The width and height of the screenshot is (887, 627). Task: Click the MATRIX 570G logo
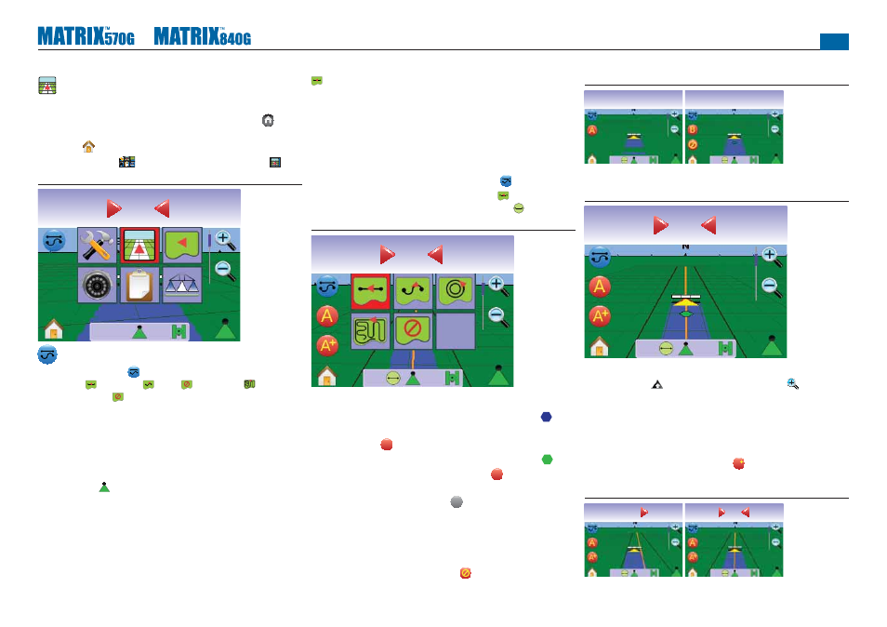pyautogui.click(x=86, y=36)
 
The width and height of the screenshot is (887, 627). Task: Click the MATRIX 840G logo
pyautogui.click(x=203, y=36)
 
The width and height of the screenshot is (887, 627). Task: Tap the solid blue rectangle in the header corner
pyautogui.click(x=834, y=42)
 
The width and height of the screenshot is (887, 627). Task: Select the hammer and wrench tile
pyautogui.click(x=98, y=246)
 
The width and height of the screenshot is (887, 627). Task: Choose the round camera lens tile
pyautogui.click(x=98, y=286)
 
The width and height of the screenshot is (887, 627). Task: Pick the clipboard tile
pyautogui.click(x=139, y=286)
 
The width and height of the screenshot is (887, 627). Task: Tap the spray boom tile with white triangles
pyautogui.click(x=181, y=286)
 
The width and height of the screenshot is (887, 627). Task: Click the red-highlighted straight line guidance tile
pyautogui.click(x=371, y=291)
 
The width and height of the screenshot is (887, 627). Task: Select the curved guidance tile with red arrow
pyautogui.click(x=413, y=291)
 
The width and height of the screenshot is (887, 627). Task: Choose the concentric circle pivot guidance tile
pyautogui.click(x=456, y=291)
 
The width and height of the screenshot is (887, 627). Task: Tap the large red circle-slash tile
pyautogui.click(x=413, y=330)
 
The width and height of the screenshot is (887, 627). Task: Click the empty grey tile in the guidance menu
pyautogui.click(x=456, y=330)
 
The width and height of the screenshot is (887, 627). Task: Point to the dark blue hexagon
pyautogui.click(x=546, y=417)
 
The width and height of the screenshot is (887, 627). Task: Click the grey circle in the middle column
pyautogui.click(x=457, y=502)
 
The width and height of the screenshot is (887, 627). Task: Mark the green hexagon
pyautogui.click(x=547, y=460)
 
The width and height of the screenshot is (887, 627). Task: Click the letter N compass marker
pyautogui.click(x=685, y=247)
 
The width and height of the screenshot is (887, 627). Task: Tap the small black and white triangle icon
pyautogui.click(x=656, y=385)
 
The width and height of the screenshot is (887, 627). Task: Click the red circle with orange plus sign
pyautogui.click(x=739, y=463)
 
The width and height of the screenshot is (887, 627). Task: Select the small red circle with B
pyautogui.click(x=693, y=129)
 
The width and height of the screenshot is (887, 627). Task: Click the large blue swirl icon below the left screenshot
pyautogui.click(x=47, y=354)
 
